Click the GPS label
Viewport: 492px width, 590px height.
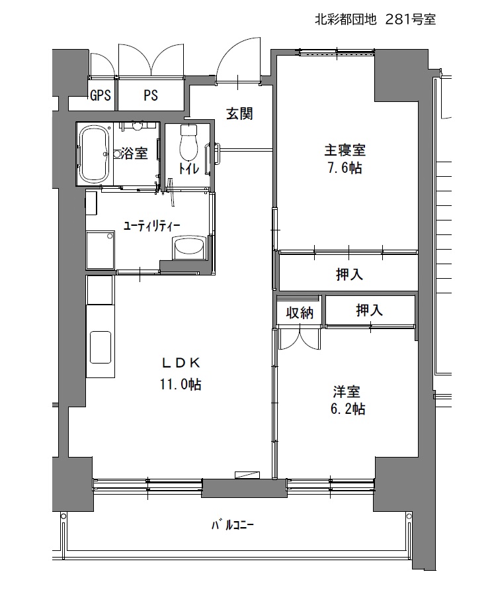pyautogui.click(x=101, y=95)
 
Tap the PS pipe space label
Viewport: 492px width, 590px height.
pyautogui.click(x=150, y=95)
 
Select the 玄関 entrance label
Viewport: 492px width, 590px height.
pyautogui.click(x=239, y=114)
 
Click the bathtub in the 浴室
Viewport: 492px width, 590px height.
pyautogui.click(x=95, y=154)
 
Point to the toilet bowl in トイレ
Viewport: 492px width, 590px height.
pyautogui.click(x=188, y=142)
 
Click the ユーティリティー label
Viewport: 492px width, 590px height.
pyautogui.click(x=152, y=226)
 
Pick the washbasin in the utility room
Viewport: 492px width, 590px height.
pyautogui.click(x=189, y=248)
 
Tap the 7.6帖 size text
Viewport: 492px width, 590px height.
pyautogui.click(x=345, y=168)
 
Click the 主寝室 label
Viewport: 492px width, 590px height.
pyautogui.click(x=345, y=150)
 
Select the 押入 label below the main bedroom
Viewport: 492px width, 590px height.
pyautogui.click(x=350, y=274)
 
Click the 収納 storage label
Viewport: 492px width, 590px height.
pyautogui.click(x=300, y=313)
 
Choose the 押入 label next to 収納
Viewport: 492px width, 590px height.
pyautogui.click(x=370, y=310)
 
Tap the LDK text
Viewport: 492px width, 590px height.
pyautogui.click(x=181, y=363)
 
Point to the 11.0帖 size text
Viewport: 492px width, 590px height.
pyautogui.click(x=181, y=384)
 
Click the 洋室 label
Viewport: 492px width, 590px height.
pyautogui.click(x=347, y=392)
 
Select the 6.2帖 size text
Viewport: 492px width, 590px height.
pyautogui.click(x=348, y=409)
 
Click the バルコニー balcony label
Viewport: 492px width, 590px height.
pyautogui.click(x=232, y=525)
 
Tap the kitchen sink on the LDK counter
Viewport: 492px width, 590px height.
pyautogui.click(x=101, y=347)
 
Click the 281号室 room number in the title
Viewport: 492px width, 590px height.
pyautogui.click(x=411, y=20)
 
